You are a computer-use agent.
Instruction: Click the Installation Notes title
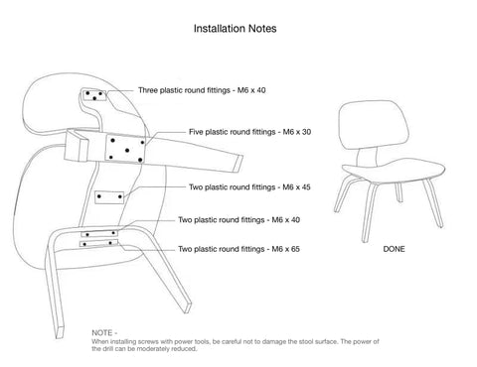(x=235, y=29)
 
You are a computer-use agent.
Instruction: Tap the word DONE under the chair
(x=394, y=249)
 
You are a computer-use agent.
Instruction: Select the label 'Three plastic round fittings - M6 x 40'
(x=202, y=90)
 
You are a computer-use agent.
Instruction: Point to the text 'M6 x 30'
(x=297, y=132)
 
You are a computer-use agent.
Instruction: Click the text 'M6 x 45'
(x=296, y=187)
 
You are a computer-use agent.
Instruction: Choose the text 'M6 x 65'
(x=285, y=249)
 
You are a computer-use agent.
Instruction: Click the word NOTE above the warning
(x=102, y=333)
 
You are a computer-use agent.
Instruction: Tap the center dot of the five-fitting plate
(x=127, y=151)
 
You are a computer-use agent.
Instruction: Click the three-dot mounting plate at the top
(x=94, y=94)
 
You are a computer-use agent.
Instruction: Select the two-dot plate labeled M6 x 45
(x=109, y=197)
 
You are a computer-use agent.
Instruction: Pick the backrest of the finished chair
(x=374, y=125)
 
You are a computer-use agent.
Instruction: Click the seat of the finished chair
(x=394, y=171)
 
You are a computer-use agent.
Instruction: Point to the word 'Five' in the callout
(x=196, y=132)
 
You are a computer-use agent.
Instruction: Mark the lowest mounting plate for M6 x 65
(x=98, y=244)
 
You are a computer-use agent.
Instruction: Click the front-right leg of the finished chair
(x=434, y=203)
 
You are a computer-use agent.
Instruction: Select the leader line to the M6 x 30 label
(x=165, y=136)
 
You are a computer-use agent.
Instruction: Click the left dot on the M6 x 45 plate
(x=99, y=196)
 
